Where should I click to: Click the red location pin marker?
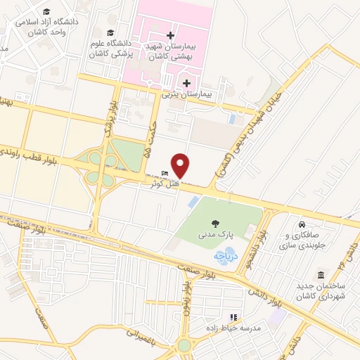pos(181,165)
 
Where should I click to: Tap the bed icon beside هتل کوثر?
pos(164,174)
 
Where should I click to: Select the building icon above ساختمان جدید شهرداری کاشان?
pos(321,274)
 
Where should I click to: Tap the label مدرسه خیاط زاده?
pos(233,328)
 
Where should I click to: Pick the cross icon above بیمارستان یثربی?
pos(185,83)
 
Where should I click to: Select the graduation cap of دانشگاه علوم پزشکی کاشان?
pos(110,33)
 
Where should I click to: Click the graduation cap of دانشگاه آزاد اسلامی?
pos(46,12)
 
